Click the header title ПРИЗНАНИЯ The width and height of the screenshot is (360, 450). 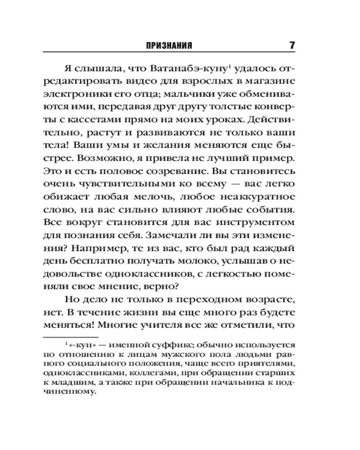tap(170, 45)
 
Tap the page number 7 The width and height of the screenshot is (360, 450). tap(292, 45)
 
